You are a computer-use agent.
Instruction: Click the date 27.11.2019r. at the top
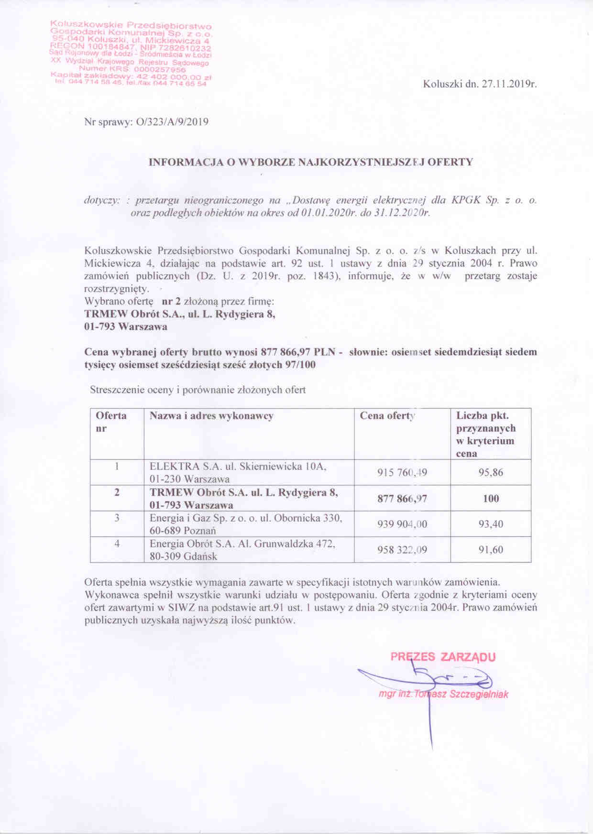(508, 85)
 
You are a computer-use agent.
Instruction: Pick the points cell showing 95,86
(491, 473)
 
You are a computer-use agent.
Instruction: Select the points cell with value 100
(491, 499)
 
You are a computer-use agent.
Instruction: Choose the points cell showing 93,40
(491, 524)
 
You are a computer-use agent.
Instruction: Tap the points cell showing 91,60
(491, 550)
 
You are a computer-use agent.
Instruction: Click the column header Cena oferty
(388, 416)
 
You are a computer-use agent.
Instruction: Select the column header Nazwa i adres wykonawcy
(211, 416)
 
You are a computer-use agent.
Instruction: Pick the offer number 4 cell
(117, 544)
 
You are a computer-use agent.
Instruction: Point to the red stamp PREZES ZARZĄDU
(443, 656)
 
